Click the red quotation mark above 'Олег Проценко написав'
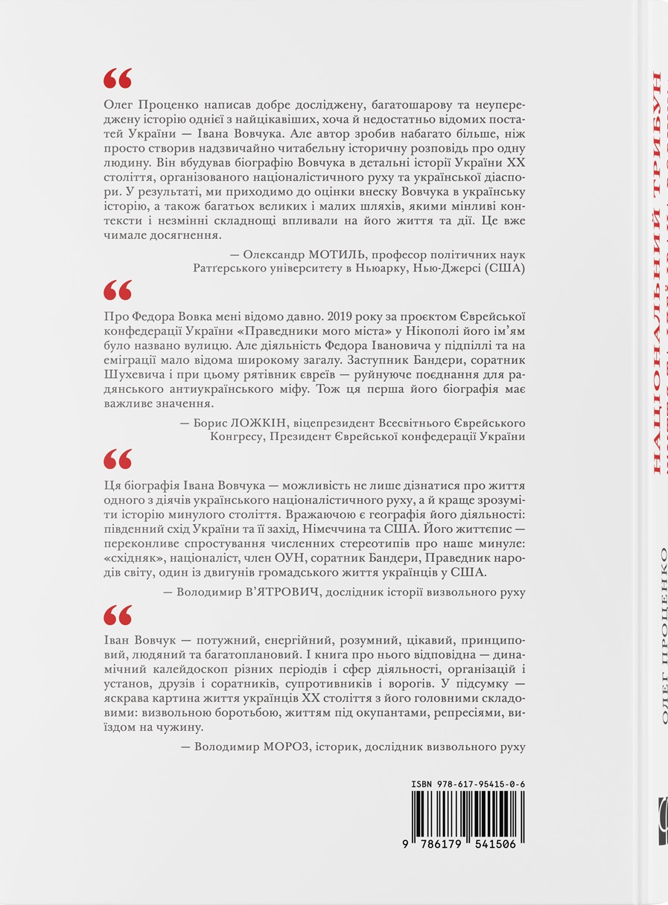118,78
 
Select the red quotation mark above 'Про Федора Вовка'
118,290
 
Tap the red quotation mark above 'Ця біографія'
118,458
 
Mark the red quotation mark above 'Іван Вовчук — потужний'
118,614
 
